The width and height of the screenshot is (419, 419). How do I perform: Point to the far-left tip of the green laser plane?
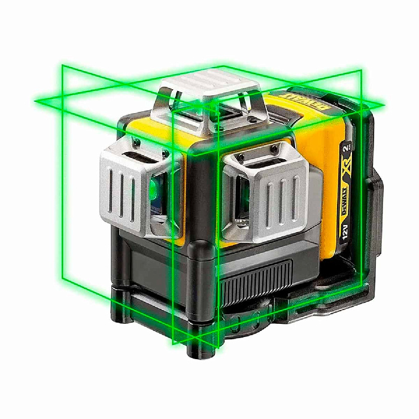36,102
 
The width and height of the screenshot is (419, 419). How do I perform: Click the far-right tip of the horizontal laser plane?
384,105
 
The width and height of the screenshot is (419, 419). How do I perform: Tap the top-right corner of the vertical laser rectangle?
362,70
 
